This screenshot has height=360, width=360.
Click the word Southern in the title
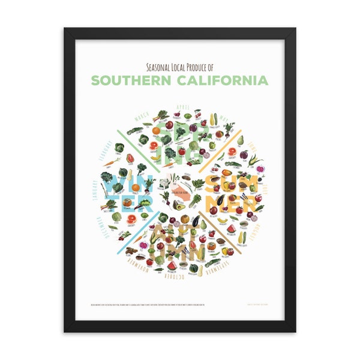pos(133,80)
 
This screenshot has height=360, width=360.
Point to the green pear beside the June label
pos(241,141)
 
